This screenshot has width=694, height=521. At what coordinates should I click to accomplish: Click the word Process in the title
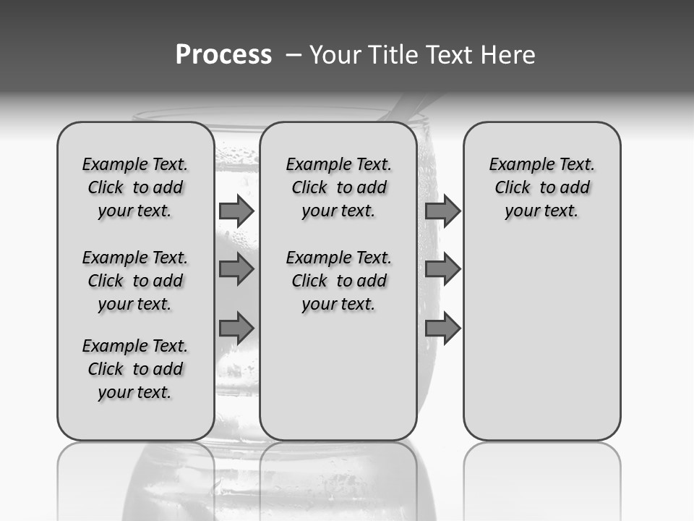point(223,55)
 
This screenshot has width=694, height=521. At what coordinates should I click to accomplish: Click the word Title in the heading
point(392,55)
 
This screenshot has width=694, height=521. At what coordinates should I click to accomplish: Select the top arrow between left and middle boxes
point(236,211)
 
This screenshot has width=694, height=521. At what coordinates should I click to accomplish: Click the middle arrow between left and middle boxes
point(236,269)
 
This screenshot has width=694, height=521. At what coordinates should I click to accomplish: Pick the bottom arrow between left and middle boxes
point(236,328)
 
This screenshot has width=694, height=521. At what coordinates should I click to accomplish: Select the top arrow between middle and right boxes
point(442,211)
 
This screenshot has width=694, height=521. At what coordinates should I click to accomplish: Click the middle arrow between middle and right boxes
point(442,269)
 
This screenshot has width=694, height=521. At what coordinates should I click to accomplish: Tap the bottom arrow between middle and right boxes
point(442,328)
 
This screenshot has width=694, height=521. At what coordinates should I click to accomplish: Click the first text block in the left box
point(135,187)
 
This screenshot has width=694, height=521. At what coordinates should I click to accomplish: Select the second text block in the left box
point(135,281)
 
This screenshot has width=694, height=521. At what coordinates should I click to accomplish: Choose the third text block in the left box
point(135,369)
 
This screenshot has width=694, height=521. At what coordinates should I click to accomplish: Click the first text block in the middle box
point(338,187)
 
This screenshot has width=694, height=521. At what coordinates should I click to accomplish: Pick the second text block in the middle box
point(338,281)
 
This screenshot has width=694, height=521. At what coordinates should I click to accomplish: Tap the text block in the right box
point(541,187)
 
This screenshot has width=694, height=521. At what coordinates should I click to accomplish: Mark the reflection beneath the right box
point(541,478)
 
